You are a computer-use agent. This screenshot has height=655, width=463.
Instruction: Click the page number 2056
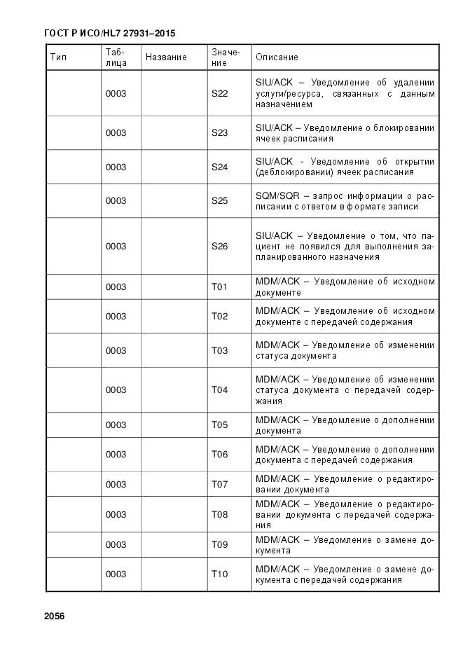click(54, 616)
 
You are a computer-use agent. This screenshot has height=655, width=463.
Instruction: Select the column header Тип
click(58, 57)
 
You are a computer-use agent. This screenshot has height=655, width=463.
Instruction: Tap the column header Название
click(166, 57)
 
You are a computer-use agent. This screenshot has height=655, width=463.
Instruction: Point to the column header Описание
click(277, 57)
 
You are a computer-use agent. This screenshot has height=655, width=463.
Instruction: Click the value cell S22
click(220, 93)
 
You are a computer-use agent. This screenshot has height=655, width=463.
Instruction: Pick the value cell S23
click(220, 133)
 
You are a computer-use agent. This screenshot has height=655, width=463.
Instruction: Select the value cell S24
click(220, 167)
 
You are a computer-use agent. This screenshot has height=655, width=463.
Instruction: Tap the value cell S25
click(220, 200)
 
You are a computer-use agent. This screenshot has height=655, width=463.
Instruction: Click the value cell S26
click(220, 246)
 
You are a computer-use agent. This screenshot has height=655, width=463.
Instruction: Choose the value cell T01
click(220, 287)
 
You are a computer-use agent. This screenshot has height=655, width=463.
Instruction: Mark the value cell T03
click(220, 350)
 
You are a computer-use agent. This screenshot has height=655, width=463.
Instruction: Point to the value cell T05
click(220, 425)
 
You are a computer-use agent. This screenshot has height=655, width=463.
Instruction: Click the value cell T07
click(220, 484)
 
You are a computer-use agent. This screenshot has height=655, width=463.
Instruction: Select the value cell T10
click(220, 574)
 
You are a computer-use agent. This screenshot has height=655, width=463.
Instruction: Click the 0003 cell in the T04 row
click(116, 389)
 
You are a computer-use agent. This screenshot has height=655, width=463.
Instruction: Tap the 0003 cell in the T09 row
click(116, 544)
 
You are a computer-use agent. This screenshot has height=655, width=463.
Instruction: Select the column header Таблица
click(116, 57)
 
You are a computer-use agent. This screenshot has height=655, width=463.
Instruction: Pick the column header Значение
click(226, 57)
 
